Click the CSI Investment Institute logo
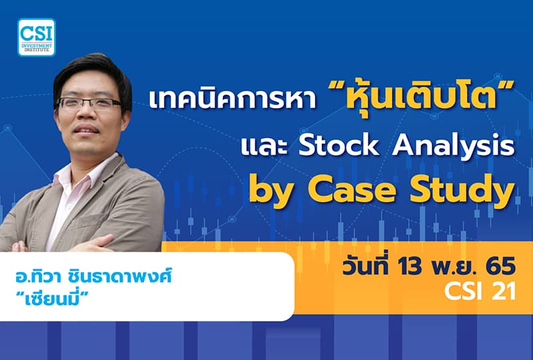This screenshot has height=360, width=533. (37, 37)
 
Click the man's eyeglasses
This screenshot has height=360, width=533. (90, 104)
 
